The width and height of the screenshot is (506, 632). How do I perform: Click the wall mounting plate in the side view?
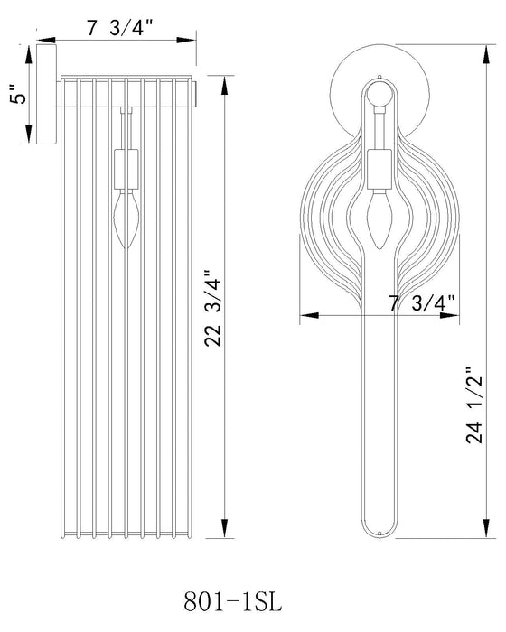42,92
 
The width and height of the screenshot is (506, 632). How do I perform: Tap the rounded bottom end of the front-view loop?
379,532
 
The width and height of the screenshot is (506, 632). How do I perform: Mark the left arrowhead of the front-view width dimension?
305,316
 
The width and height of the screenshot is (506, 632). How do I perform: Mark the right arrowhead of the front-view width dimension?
454,316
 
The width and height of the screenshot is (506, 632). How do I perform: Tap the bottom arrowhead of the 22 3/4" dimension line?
223,532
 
